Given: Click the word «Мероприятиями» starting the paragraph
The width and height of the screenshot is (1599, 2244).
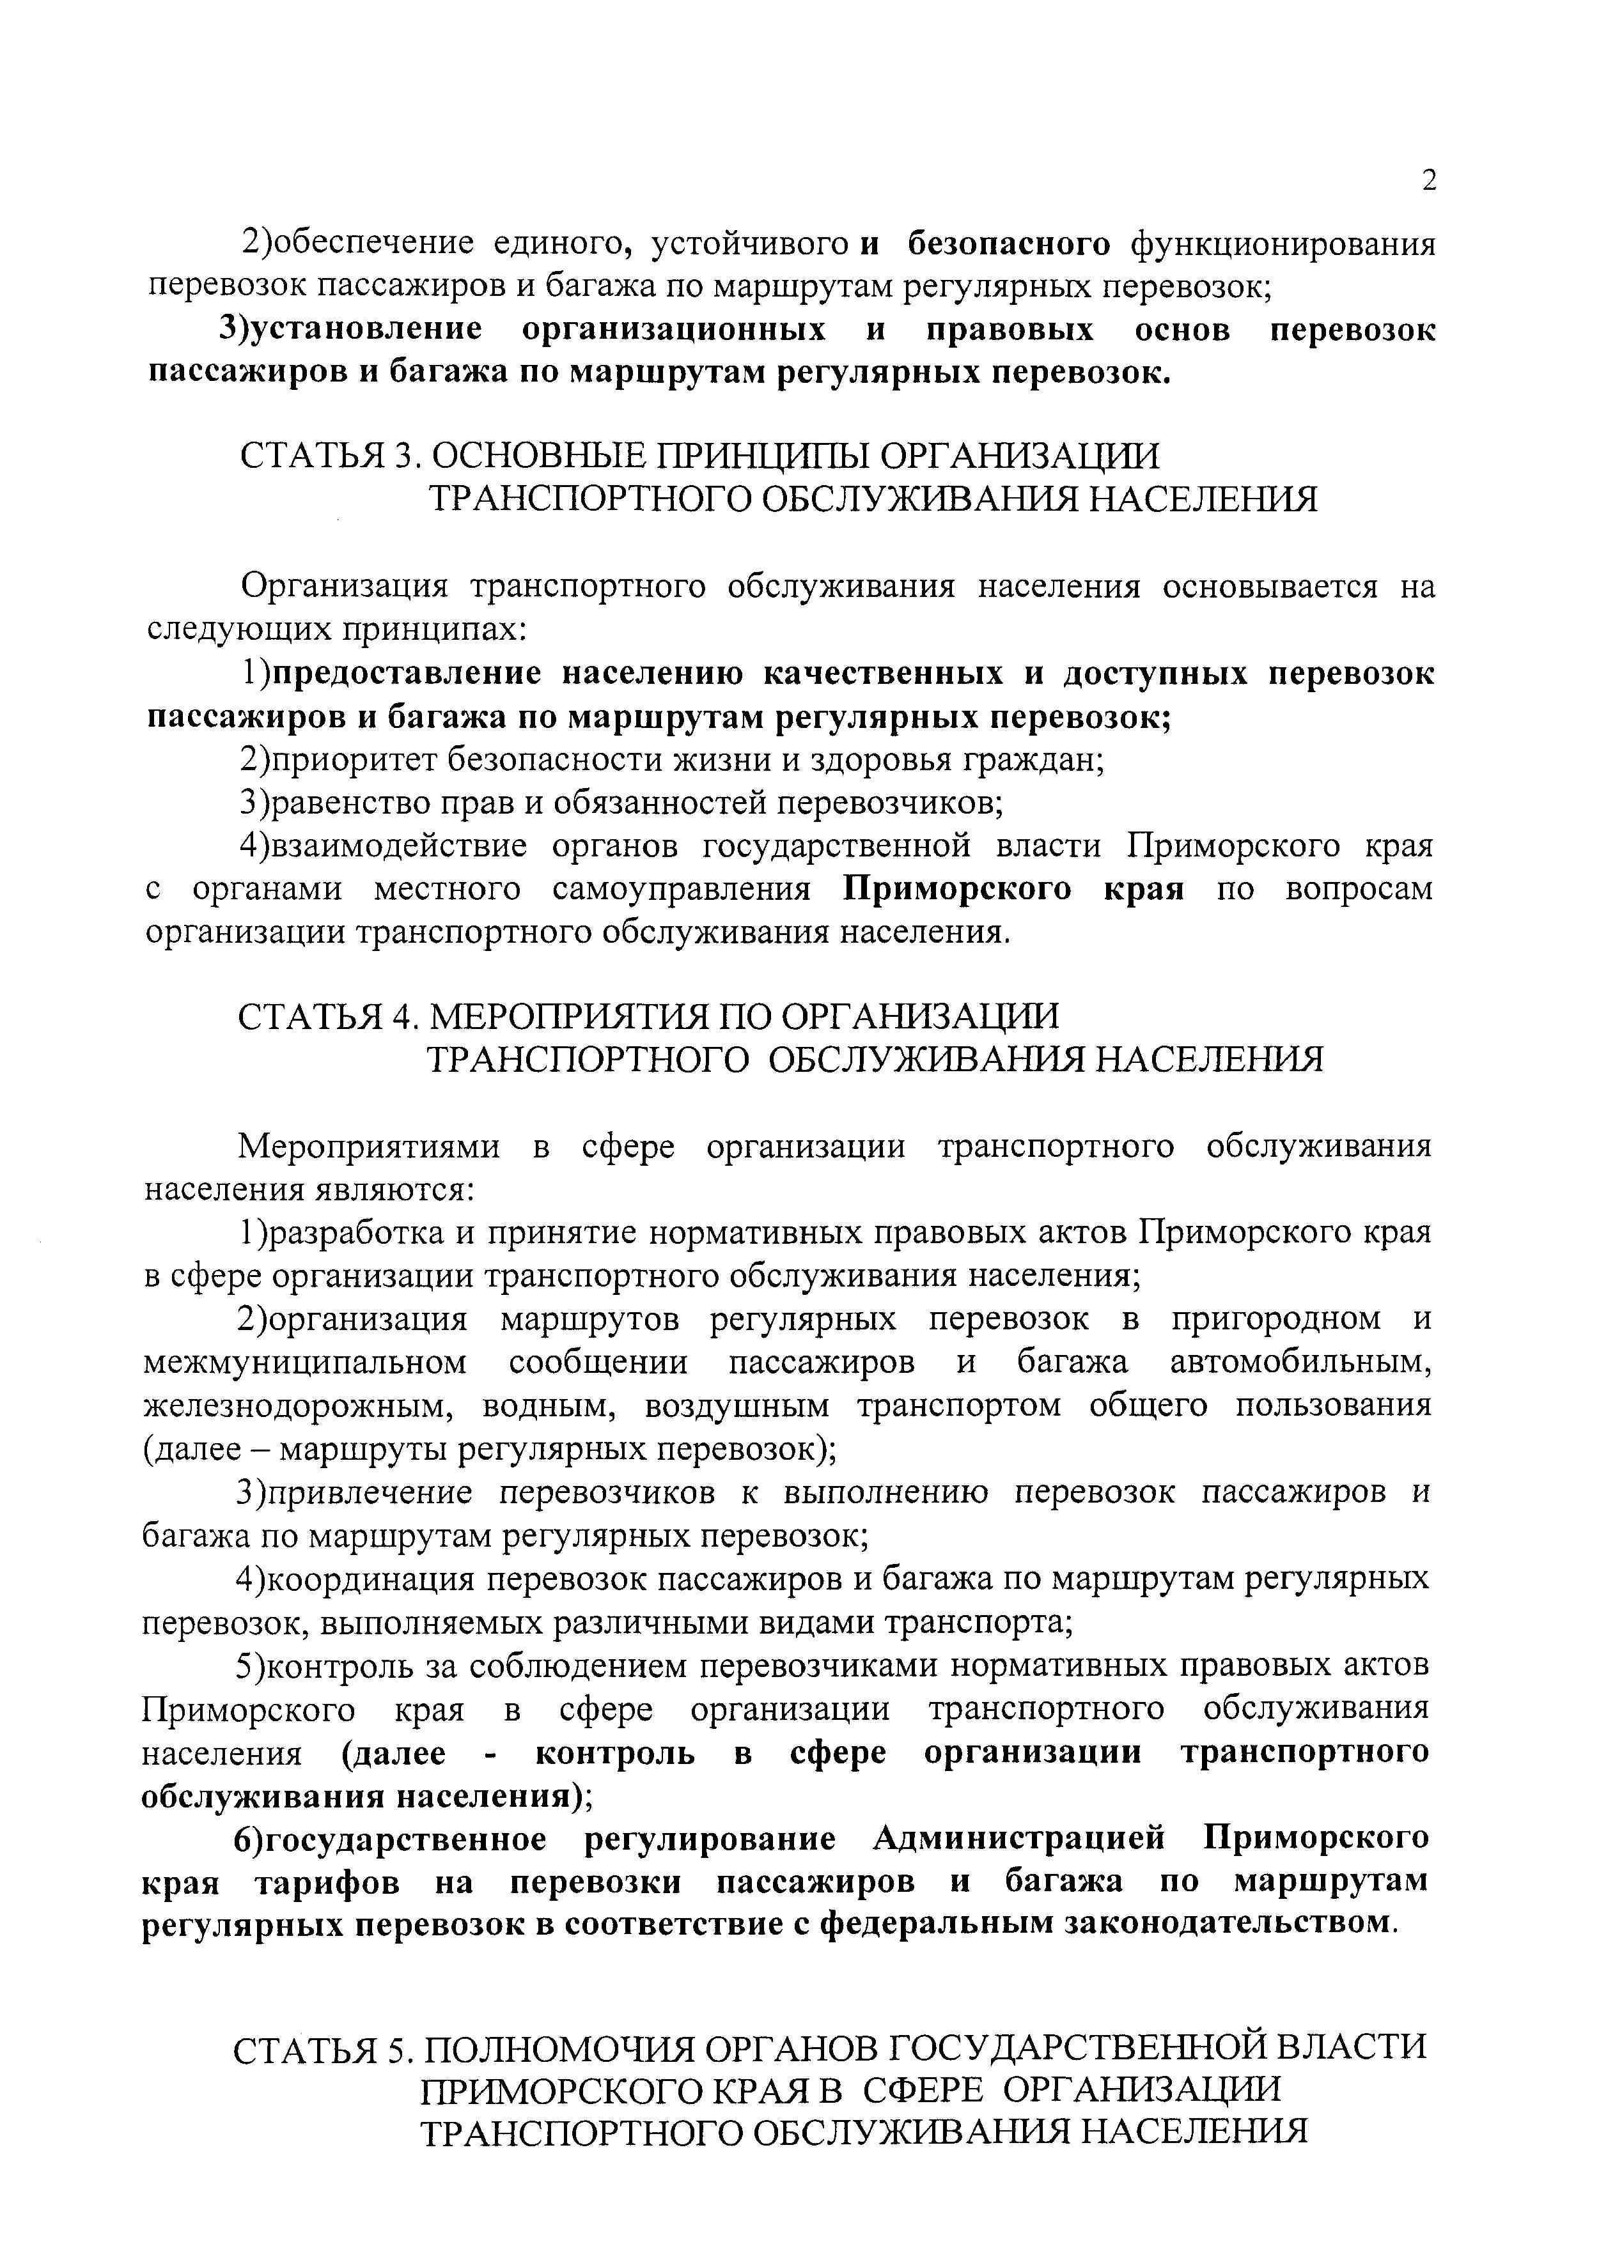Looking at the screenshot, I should coord(370,1147).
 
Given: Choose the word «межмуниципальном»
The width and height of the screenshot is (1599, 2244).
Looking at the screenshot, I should coord(305,1363).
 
